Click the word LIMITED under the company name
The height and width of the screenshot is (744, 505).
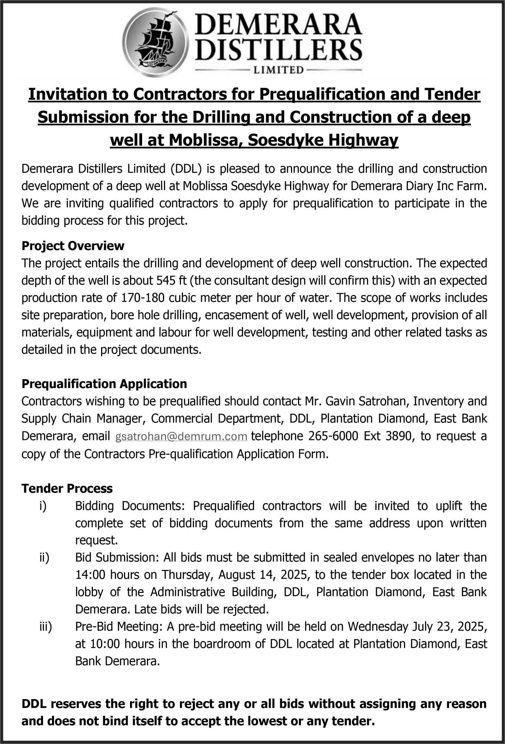coord(278,70)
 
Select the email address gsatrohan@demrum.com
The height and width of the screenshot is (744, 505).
coord(181,436)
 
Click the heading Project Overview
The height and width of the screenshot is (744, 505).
coord(73,246)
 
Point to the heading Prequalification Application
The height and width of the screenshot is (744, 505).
coord(104,384)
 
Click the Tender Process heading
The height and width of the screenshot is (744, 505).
coord(67,488)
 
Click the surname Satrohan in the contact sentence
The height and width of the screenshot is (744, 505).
coord(384,401)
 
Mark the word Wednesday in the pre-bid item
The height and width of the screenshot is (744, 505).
coord(378,626)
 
